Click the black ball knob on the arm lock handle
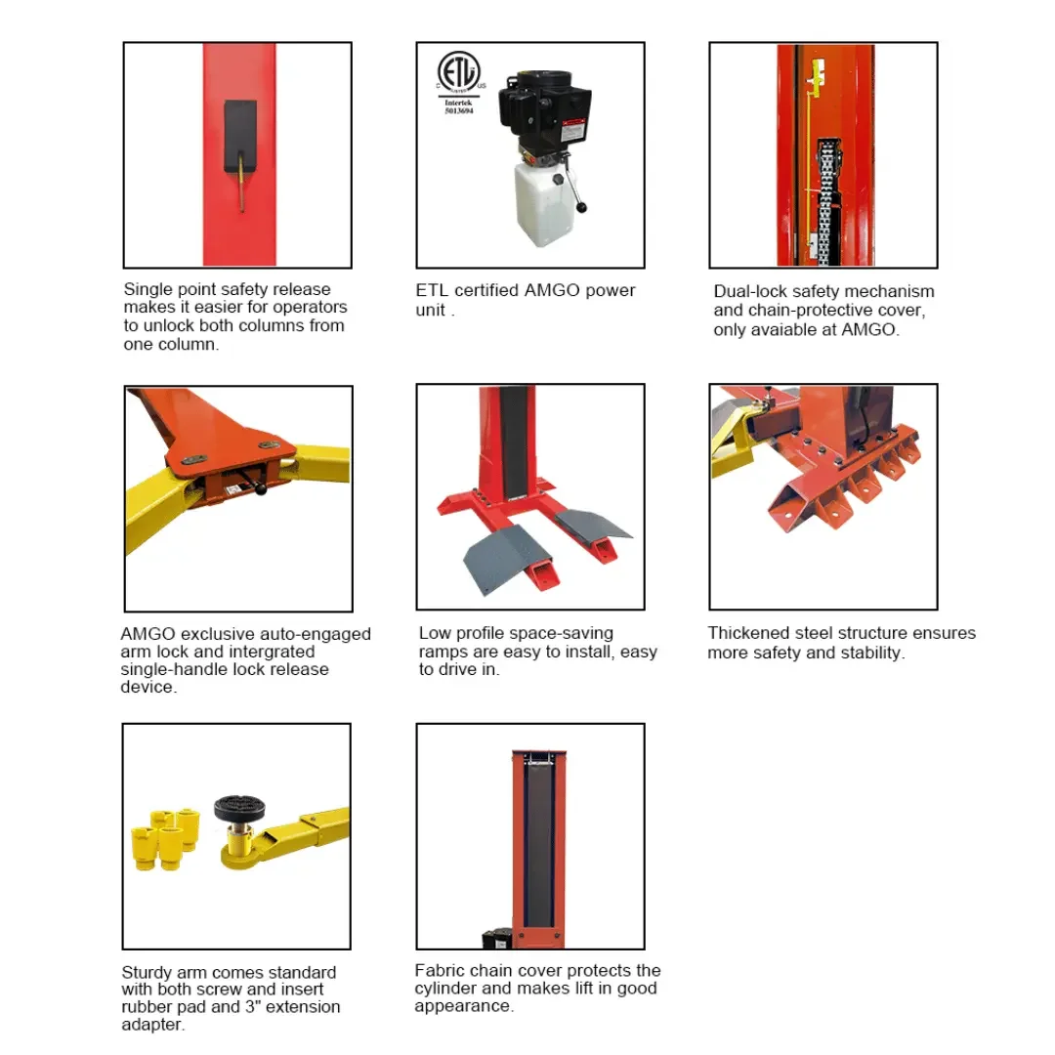pos(261,489)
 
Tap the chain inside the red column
pos(827,202)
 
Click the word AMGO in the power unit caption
pos(552,290)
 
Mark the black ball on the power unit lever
pos(581,207)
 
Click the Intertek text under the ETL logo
pos(458,103)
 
